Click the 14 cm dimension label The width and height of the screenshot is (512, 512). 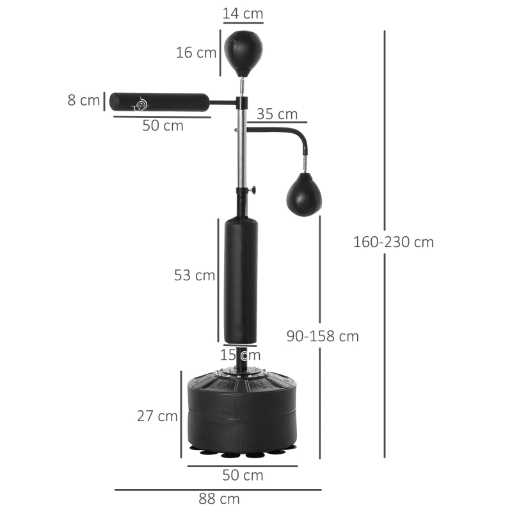pos(243,13)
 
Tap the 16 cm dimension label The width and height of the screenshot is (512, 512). pos(196,52)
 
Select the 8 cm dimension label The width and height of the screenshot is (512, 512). pos(84,100)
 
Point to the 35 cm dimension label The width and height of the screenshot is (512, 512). pos(277,114)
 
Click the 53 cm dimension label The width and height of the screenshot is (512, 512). pos(195,275)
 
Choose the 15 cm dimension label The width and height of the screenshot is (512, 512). pos(241,355)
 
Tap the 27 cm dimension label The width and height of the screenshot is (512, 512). pos(157,416)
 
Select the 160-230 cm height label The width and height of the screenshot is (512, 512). pos(393,242)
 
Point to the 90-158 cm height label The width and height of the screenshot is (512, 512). pos(322,336)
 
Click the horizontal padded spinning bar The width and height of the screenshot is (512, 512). pos(159,102)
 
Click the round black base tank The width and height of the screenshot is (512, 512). pos(241,413)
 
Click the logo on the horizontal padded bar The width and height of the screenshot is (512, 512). pos(141,102)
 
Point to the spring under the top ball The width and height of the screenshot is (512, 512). pos(242,85)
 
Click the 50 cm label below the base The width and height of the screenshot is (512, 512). pos(243,476)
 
